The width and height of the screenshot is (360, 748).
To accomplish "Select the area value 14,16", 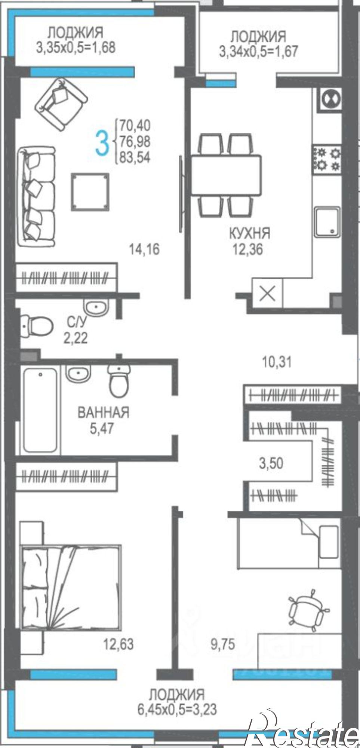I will (144, 249).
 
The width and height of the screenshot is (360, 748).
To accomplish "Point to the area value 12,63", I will (118, 644).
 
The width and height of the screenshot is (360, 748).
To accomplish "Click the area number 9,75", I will (222, 644).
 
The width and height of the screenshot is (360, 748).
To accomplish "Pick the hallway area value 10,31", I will (277, 362).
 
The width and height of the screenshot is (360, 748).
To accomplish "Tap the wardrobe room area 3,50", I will (271, 463).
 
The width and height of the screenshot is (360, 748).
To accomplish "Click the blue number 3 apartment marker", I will (101, 142).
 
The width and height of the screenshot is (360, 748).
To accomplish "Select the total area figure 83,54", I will (135, 157).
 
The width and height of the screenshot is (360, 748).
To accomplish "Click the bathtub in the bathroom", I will (40, 410).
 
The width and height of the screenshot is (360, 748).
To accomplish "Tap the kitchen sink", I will (327, 223).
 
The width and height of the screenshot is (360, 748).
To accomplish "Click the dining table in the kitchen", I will (226, 175).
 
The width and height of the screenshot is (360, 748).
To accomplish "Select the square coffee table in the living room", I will (90, 192).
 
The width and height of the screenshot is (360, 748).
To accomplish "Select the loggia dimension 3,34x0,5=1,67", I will (258, 51).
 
